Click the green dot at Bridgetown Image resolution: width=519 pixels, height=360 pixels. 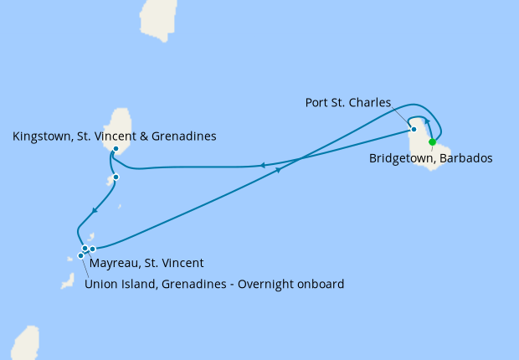[x=432, y=142]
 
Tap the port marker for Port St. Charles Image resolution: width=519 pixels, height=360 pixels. [x=414, y=130]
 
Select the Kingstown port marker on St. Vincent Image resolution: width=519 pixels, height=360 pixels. [x=116, y=149]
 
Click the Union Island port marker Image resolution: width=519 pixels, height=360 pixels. [x=81, y=255]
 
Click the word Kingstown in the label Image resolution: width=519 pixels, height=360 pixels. [x=41, y=136]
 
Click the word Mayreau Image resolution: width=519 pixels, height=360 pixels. [x=115, y=263]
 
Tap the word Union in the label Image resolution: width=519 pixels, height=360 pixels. [x=101, y=284]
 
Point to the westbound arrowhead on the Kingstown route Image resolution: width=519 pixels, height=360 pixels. [x=263, y=166]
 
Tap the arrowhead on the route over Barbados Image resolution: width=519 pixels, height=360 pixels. [x=426, y=121]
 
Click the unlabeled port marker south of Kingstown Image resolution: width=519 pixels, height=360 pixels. [x=116, y=177]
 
